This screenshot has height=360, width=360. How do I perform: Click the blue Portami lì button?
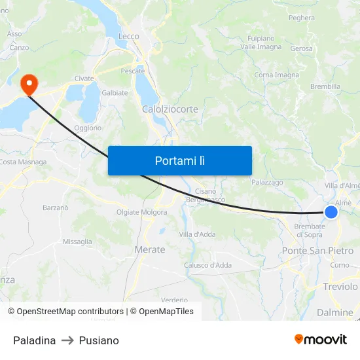pyautogui.click(x=179, y=160)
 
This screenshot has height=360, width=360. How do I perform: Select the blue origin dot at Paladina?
pyautogui.click(x=331, y=212)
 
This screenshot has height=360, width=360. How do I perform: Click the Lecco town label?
pyautogui.click(x=128, y=37)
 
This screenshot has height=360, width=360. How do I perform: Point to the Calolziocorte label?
pyautogui.click(x=170, y=109)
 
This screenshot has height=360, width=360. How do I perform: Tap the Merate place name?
pyautogui.click(x=149, y=249)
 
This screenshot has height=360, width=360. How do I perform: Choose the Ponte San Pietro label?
pyautogui.click(x=317, y=251)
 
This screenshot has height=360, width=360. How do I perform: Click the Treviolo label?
pyautogui.click(x=340, y=287)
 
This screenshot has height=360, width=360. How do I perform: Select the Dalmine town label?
pyautogui.click(x=334, y=312)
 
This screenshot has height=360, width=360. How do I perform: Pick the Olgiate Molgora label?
pyautogui.click(x=141, y=212)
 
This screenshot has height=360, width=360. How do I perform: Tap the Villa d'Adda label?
pyautogui.click(x=197, y=234)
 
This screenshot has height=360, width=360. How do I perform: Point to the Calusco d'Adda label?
pyautogui.click(x=207, y=265)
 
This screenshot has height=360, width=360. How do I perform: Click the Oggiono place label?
pyautogui.click(x=88, y=128)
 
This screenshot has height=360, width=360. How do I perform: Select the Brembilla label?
pyautogui.click(x=325, y=86)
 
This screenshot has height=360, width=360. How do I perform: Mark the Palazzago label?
pyautogui.click(x=267, y=183)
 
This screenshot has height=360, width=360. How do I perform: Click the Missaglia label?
pyautogui.click(x=77, y=242)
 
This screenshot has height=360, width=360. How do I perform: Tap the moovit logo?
pyautogui.click(x=320, y=340)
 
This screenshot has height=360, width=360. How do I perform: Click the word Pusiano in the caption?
pyautogui.click(x=99, y=340)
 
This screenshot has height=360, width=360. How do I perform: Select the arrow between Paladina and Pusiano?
pyautogui.click(x=67, y=340)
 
